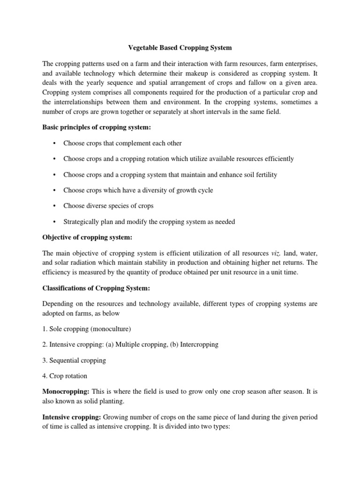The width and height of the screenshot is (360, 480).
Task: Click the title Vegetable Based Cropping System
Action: [x=180, y=48]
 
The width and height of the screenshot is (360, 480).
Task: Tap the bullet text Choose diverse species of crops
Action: [x=108, y=206]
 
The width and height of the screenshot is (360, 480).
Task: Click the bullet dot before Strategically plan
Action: [x=55, y=222]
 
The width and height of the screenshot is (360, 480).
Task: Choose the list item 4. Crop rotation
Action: [x=64, y=376]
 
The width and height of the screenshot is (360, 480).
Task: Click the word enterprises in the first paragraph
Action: [x=300, y=63]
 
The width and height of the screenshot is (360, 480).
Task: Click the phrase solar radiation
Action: [x=79, y=264]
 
